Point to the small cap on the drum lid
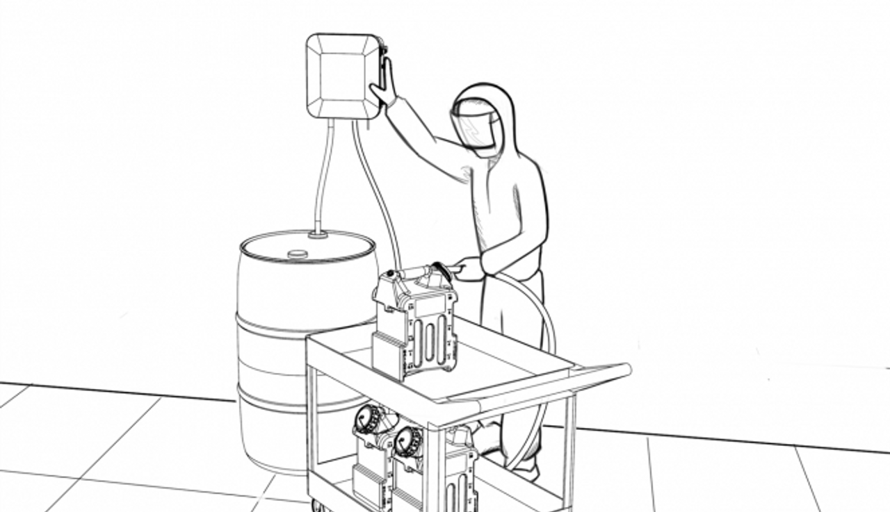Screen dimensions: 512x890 pos(297,254)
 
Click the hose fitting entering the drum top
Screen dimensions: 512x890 pos(318,235)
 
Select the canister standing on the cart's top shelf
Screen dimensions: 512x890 pos(415,327)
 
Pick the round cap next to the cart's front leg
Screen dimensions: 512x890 pos(408,440)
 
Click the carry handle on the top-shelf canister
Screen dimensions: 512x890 pos(417,271)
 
